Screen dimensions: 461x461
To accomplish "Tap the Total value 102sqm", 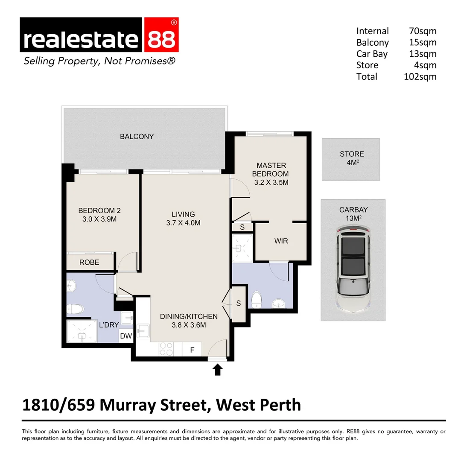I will [x=420, y=77].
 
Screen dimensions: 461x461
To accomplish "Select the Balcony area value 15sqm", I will [x=422, y=43].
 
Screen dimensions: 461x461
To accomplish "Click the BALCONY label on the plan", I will [x=137, y=137].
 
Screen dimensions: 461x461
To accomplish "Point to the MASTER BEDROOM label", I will [x=270, y=169].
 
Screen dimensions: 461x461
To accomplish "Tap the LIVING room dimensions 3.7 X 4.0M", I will [x=183, y=223].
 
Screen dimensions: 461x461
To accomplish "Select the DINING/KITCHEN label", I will [x=189, y=317].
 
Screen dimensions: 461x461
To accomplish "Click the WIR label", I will [x=281, y=241].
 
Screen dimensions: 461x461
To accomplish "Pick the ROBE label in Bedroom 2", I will [x=89, y=263].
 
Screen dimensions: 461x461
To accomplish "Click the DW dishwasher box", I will [x=126, y=336].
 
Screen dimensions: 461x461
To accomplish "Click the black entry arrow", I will [x=218, y=369].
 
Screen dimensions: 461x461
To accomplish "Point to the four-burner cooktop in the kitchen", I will [x=166, y=349].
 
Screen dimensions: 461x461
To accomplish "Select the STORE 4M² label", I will [x=352, y=158].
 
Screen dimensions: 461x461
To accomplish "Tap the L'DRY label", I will [x=109, y=325].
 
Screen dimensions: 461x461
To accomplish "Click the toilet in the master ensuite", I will [x=257, y=299].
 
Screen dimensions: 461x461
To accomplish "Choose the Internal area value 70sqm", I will [x=422, y=31].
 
